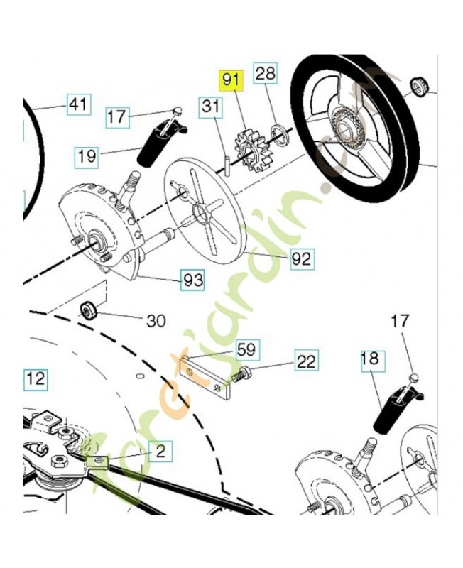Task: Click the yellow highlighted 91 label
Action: click(231, 80)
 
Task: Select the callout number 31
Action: click(211, 107)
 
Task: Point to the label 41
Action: click(79, 104)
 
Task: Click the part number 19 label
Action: click(87, 156)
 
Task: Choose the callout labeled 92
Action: click(301, 258)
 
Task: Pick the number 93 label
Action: click(193, 280)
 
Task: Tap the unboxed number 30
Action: click(156, 321)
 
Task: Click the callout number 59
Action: click(246, 349)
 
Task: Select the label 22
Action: click(307, 361)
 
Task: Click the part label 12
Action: click(35, 379)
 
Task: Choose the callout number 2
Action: click(161, 452)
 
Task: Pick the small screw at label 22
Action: click(241, 374)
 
